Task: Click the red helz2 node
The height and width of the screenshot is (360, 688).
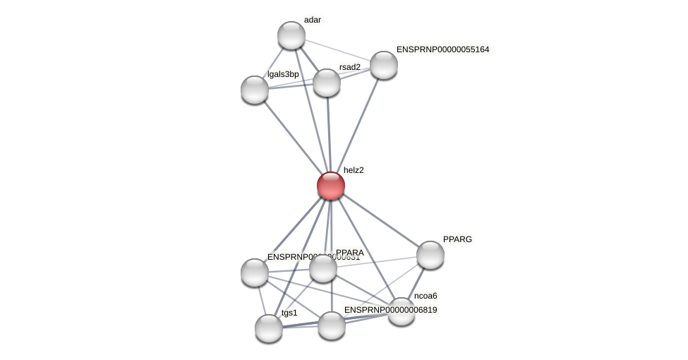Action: (330, 186)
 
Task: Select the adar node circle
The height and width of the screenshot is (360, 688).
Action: (291, 35)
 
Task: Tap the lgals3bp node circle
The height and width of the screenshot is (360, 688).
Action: (255, 90)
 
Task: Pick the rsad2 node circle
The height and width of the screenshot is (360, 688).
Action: (326, 83)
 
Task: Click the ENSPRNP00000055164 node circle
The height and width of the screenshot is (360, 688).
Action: (383, 65)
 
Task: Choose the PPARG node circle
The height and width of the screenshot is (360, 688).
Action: (430, 255)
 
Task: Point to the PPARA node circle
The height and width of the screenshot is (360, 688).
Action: (323, 268)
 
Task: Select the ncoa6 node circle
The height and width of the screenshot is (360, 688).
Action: (402, 311)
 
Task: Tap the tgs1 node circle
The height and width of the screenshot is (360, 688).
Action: (269, 328)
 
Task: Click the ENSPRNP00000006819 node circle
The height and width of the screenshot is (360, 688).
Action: (332, 325)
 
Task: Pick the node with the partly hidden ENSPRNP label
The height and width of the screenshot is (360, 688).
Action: (255, 272)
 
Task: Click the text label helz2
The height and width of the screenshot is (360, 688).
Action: (354, 170)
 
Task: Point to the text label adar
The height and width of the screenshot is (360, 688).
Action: (313, 20)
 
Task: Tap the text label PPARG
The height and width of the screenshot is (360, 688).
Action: (457, 239)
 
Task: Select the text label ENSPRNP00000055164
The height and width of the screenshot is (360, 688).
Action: (442, 49)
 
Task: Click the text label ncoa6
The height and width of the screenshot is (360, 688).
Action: (426, 296)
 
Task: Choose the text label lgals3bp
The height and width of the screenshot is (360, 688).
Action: (283, 74)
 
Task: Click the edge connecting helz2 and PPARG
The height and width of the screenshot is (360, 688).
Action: (381, 221)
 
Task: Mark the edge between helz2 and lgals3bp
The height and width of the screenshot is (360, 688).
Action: (292, 137)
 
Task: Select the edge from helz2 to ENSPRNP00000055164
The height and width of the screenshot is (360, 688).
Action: (357, 125)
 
